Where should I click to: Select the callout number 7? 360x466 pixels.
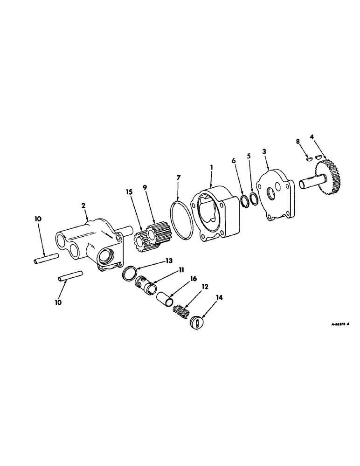[x=178, y=178]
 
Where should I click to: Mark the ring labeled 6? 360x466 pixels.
[x=243, y=204]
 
